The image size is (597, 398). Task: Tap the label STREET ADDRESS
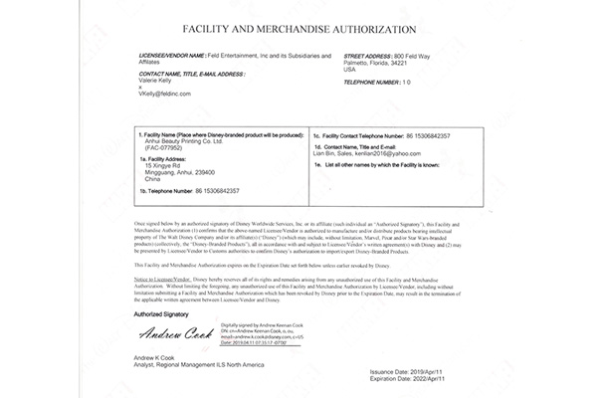[367, 57]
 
